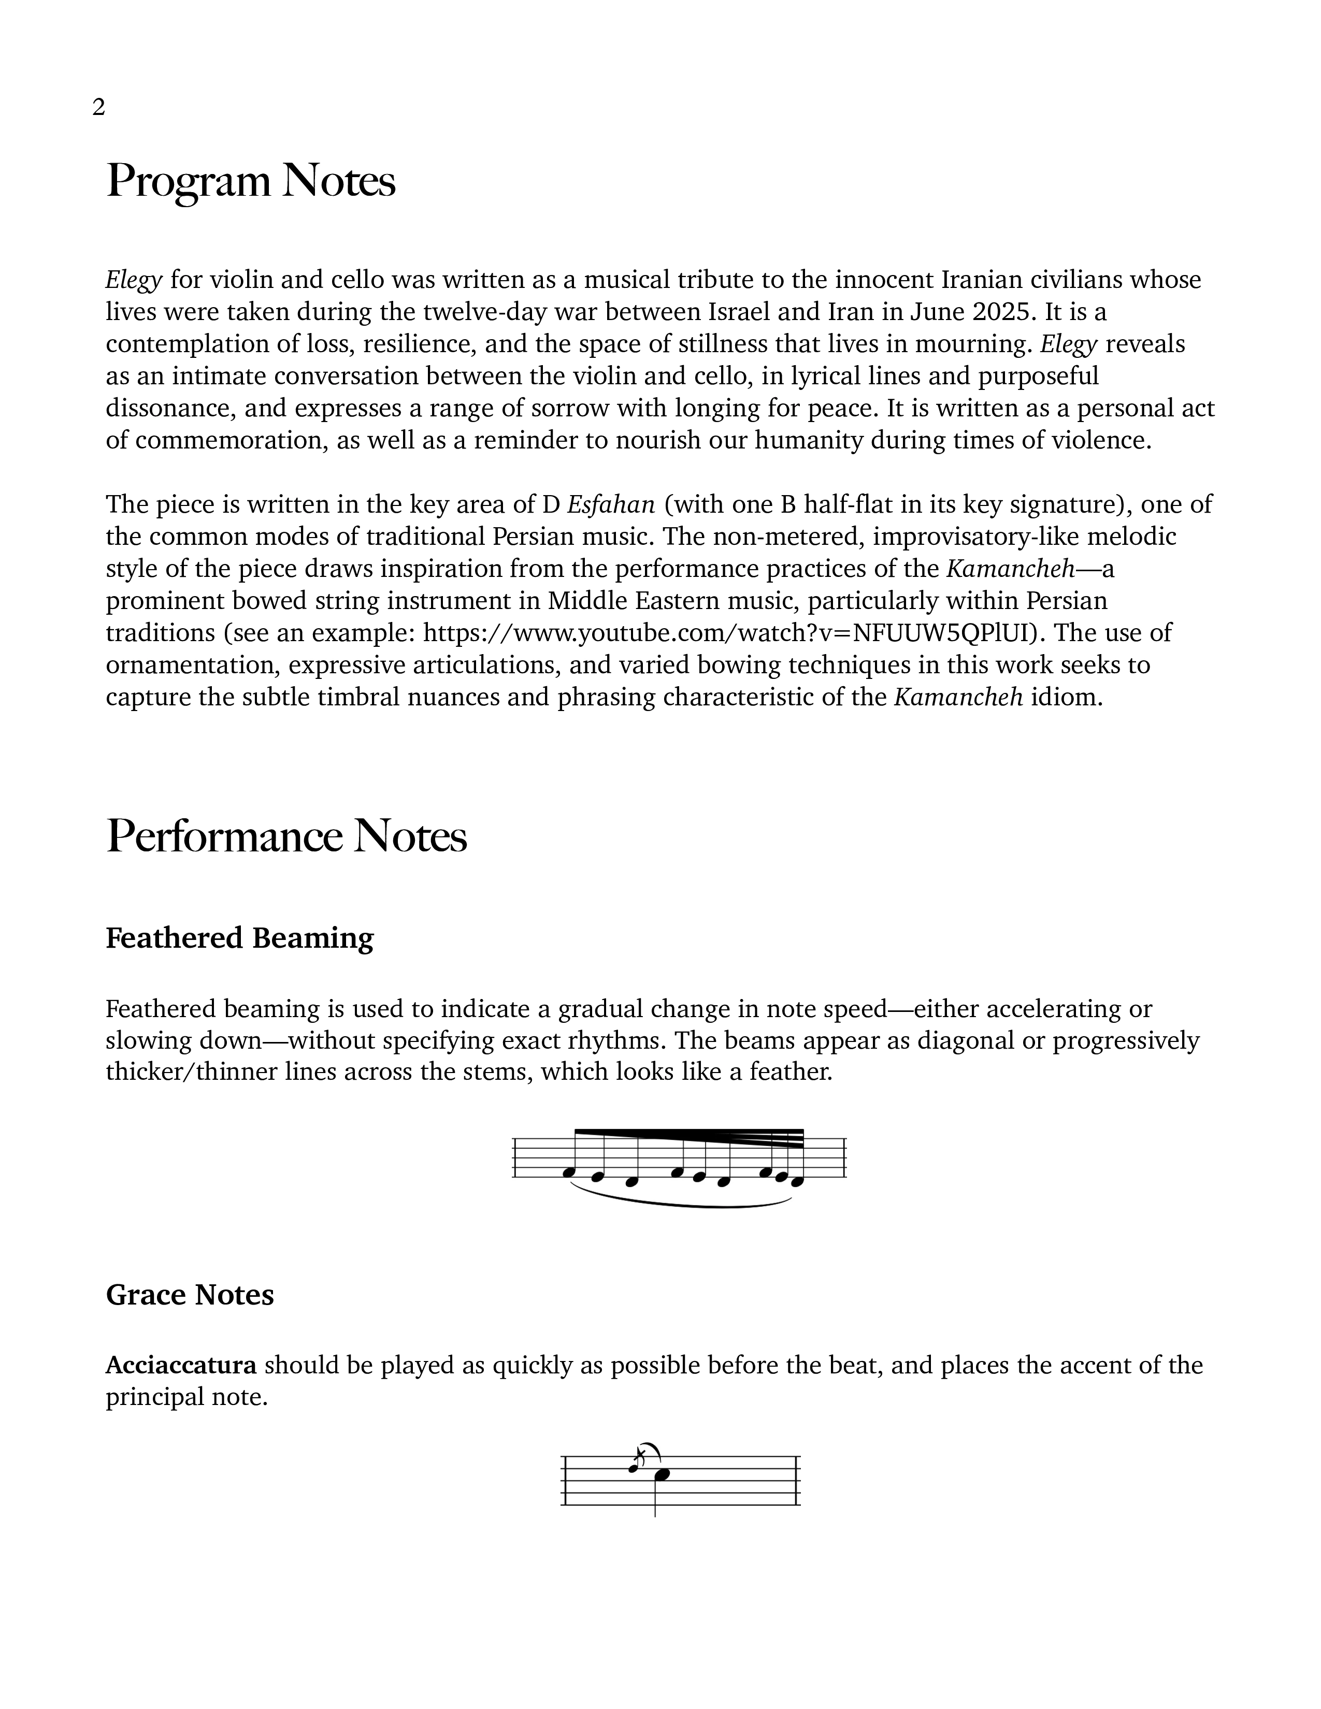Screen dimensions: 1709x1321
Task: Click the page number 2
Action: [x=98, y=107]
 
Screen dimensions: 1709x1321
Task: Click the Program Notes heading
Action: [x=250, y=181]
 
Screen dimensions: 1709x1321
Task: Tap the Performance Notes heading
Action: [x=286, y=836]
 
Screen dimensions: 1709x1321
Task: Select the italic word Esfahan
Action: [x=610, y=505]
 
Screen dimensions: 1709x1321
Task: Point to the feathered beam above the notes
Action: [x=688, y=1137]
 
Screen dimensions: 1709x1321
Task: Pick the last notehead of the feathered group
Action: [x=797, y=1181]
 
